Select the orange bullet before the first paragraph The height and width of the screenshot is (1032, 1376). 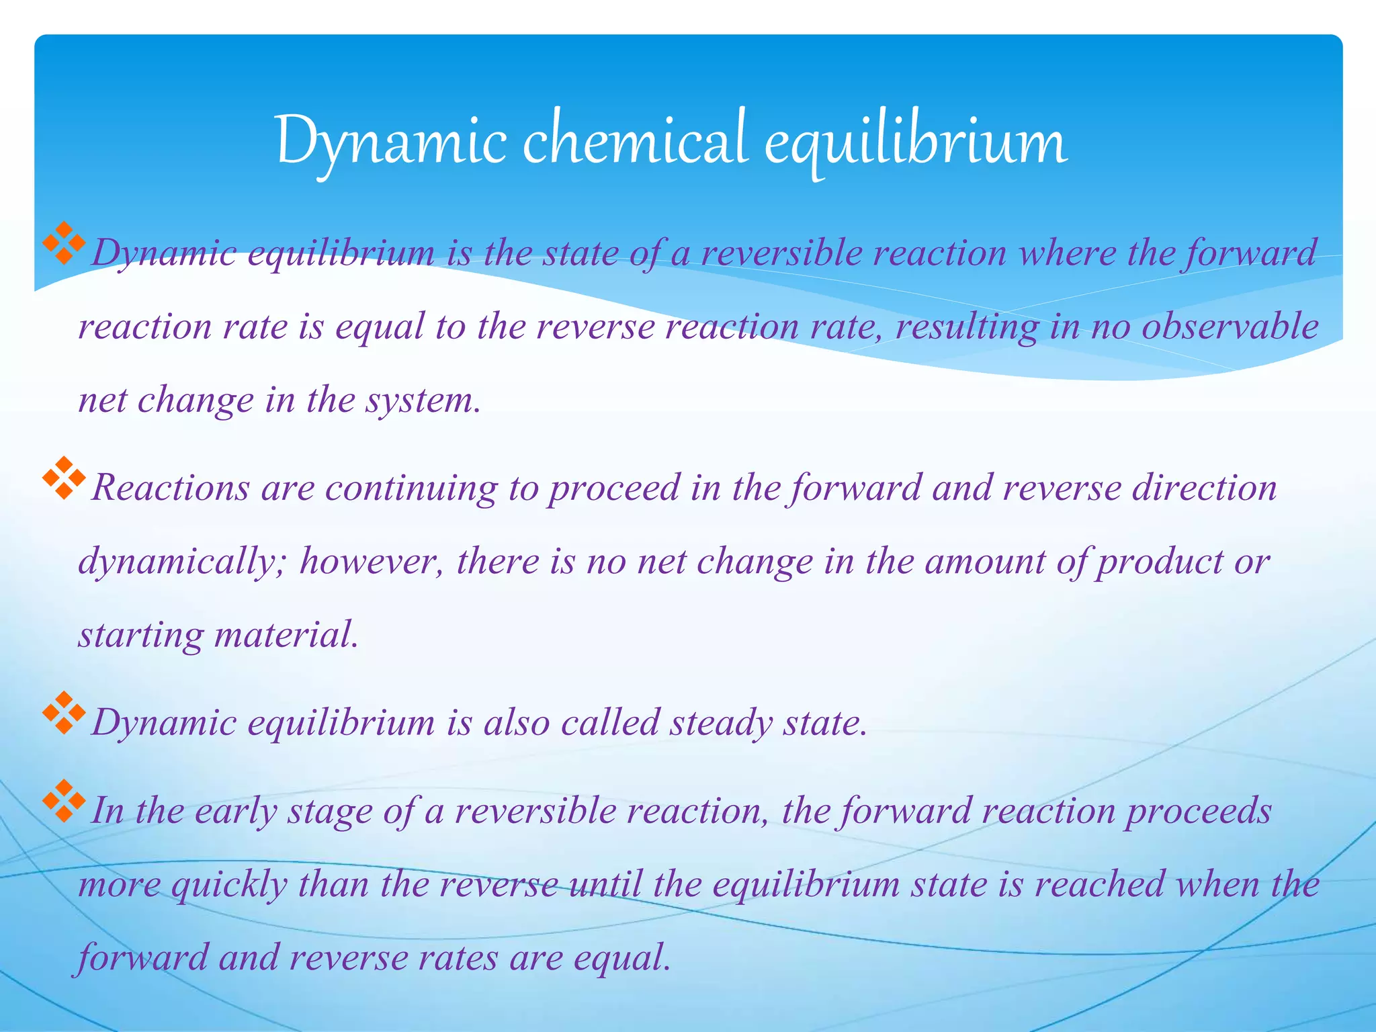click(x=64, y=243)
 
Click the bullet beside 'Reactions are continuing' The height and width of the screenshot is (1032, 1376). click(x=64, y=478)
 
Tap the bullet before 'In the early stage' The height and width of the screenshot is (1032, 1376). click(x=64, y=801)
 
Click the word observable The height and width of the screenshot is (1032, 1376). click(x=1230, y=327)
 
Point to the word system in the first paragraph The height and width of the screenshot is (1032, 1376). click(x=422, y=401)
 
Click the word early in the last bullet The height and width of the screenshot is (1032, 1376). click(x=236, y=811)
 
